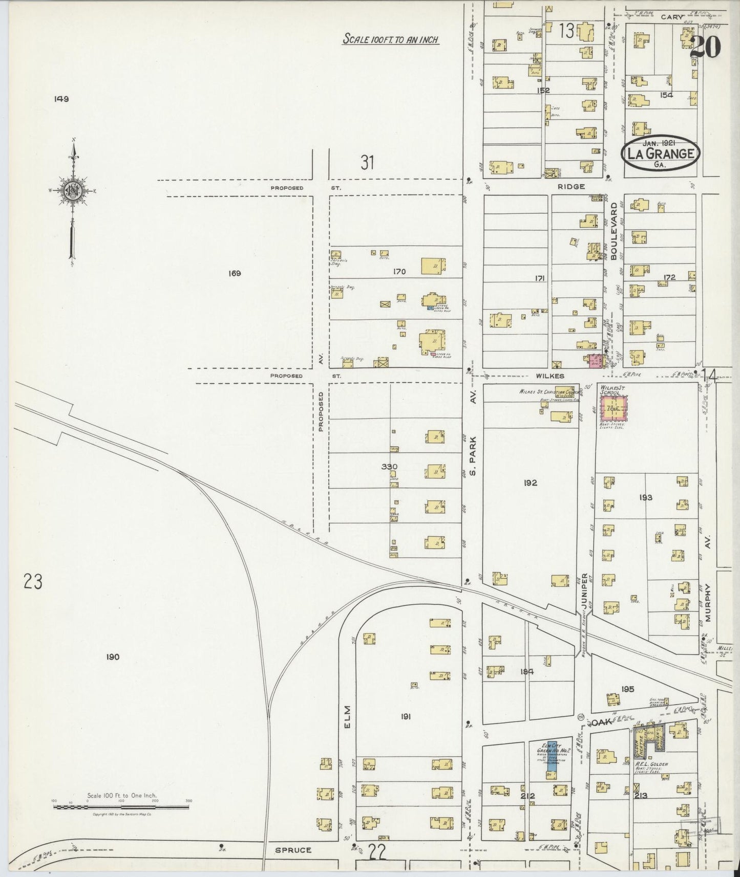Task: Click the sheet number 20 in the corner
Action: (x=705, y=48)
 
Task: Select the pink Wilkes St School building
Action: (x=614, y=409)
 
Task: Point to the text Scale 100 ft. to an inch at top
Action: (x=391, y=39)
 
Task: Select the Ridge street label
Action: (x=572, y=187)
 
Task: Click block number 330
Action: (x=390, y=467)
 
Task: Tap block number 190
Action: (x=113, y=657)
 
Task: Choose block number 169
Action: (x=235, y=273)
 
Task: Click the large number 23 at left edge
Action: (x=32, y=582)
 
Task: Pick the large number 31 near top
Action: (x=367, y=163)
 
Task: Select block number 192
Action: (x=531, y=482)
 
